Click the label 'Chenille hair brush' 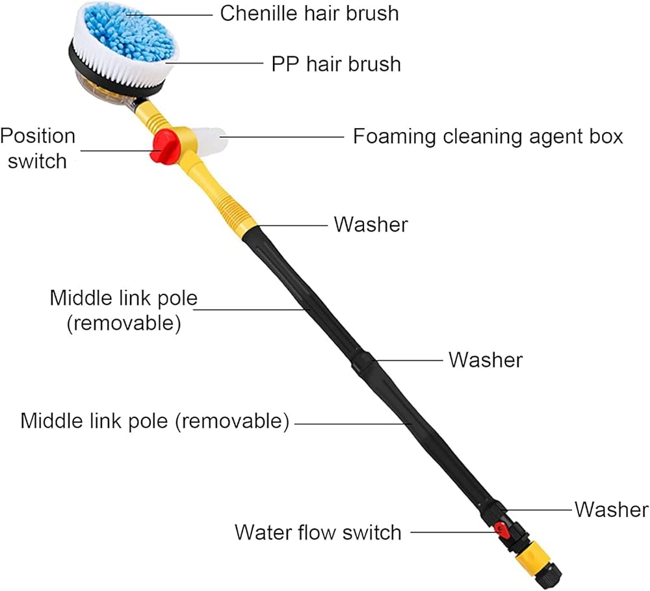point(309,13)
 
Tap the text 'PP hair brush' point(335,64)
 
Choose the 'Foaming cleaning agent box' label point(487,137)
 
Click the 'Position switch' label point(38,148)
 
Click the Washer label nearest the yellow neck point(370,224)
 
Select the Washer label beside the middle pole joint point(485,360)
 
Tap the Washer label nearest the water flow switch point(611,509)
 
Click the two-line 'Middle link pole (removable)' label point(123,311)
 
